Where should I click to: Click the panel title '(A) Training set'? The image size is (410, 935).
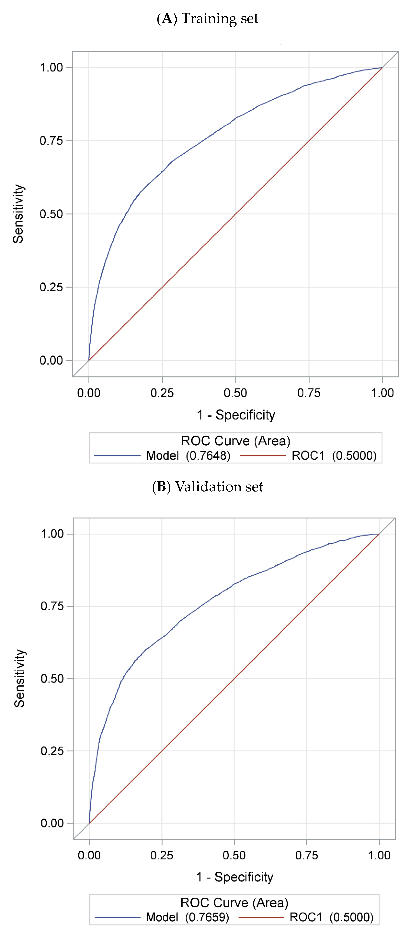(207, 18)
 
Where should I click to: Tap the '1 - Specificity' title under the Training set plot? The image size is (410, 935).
(236, 415)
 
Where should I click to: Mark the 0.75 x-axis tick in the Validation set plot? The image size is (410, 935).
(307, 856)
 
